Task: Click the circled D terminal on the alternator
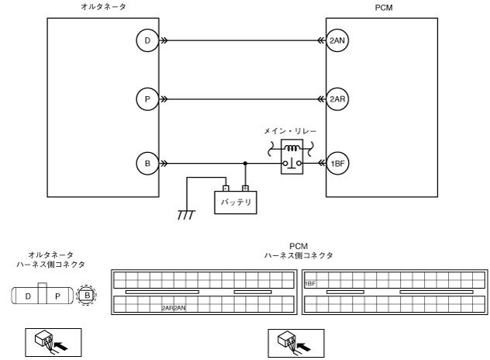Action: click(147, 41)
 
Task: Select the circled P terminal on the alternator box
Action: click(147, 99)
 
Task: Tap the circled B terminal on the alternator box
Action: click(147, 164)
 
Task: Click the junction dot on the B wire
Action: click(246, 164)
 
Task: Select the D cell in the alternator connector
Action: click(29, 296)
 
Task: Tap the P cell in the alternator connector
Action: click(57, 296)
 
